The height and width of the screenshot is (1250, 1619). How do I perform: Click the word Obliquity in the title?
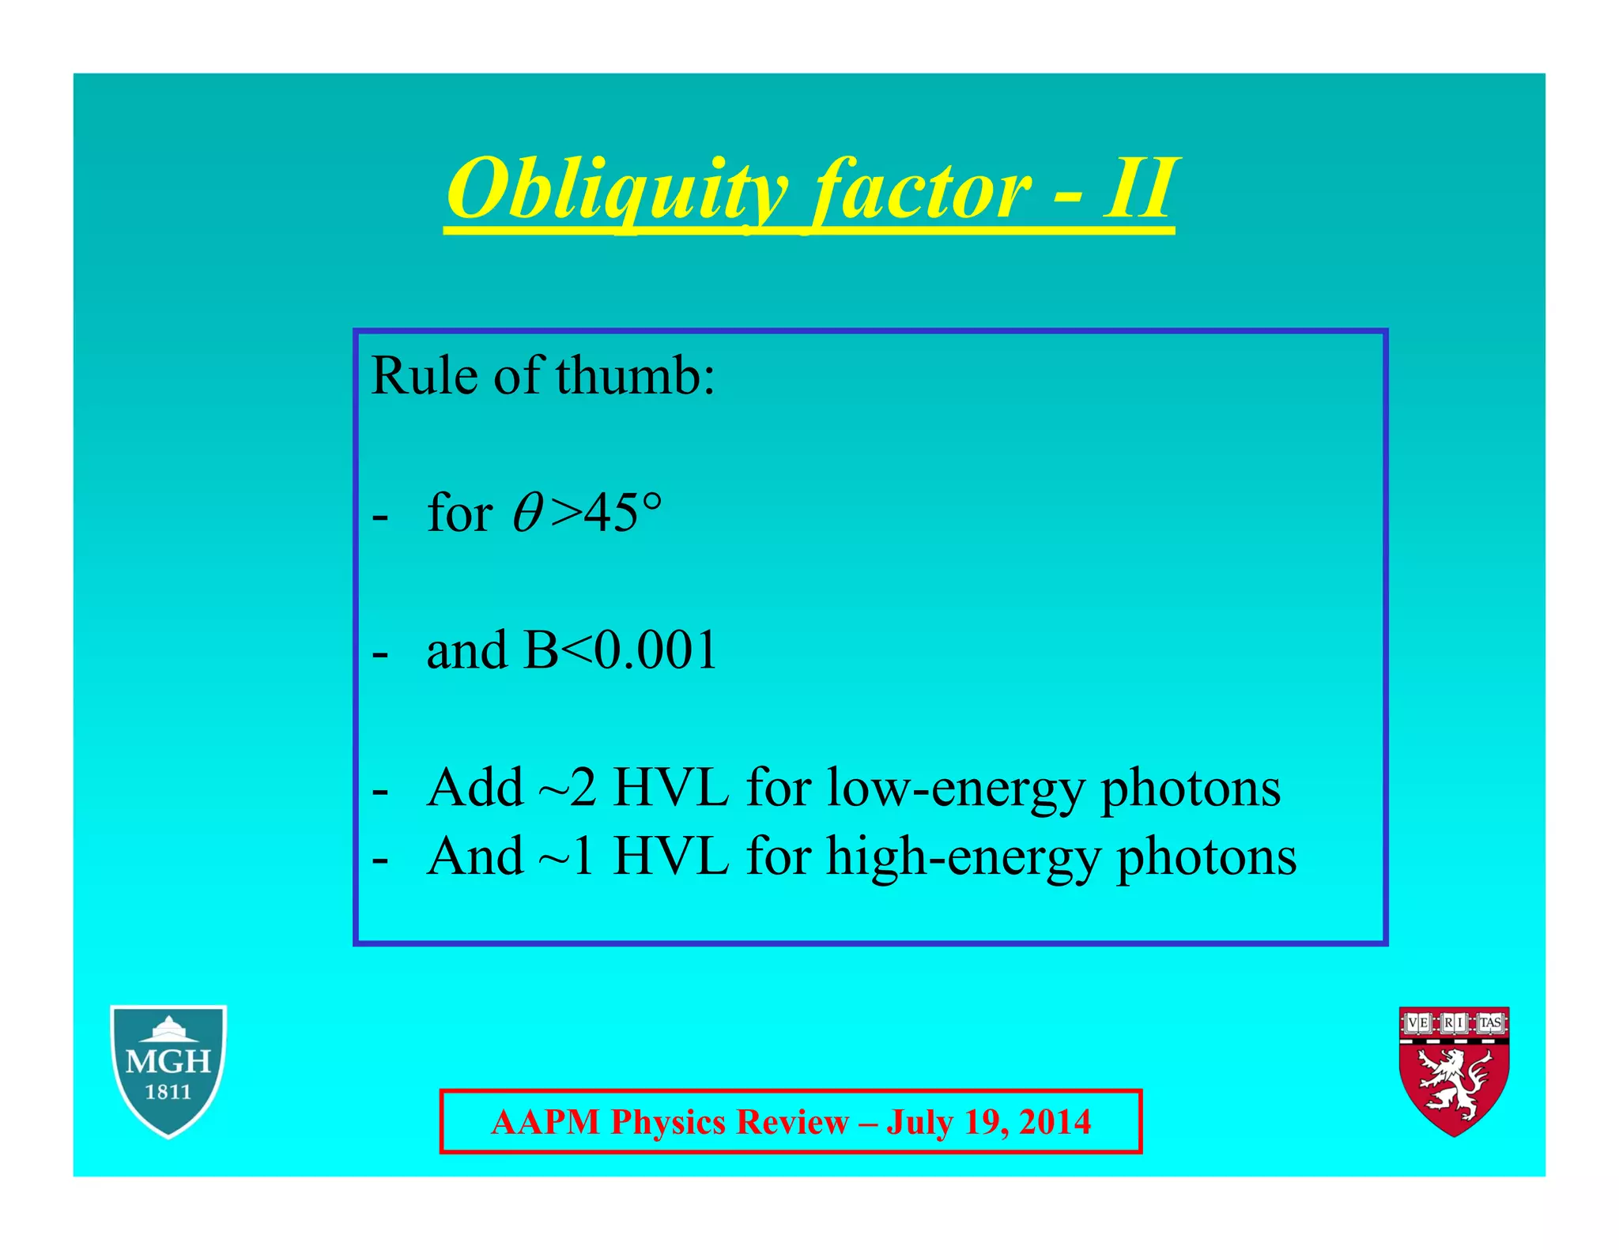coord(617,190)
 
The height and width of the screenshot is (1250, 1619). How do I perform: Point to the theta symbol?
coord(526,514)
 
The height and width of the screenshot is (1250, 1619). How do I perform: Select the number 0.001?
coord(655,650)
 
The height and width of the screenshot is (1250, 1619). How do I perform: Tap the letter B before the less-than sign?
coord(541,650)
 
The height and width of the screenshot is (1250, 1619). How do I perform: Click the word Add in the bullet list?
coord(474,788)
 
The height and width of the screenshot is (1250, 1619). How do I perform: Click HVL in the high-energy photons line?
coord(670,857)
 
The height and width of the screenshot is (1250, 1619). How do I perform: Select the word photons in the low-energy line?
coord(1191,788)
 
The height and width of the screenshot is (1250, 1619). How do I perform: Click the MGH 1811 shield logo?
coord(168,1070)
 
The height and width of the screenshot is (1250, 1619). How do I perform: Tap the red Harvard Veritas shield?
coord(1454,1070)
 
